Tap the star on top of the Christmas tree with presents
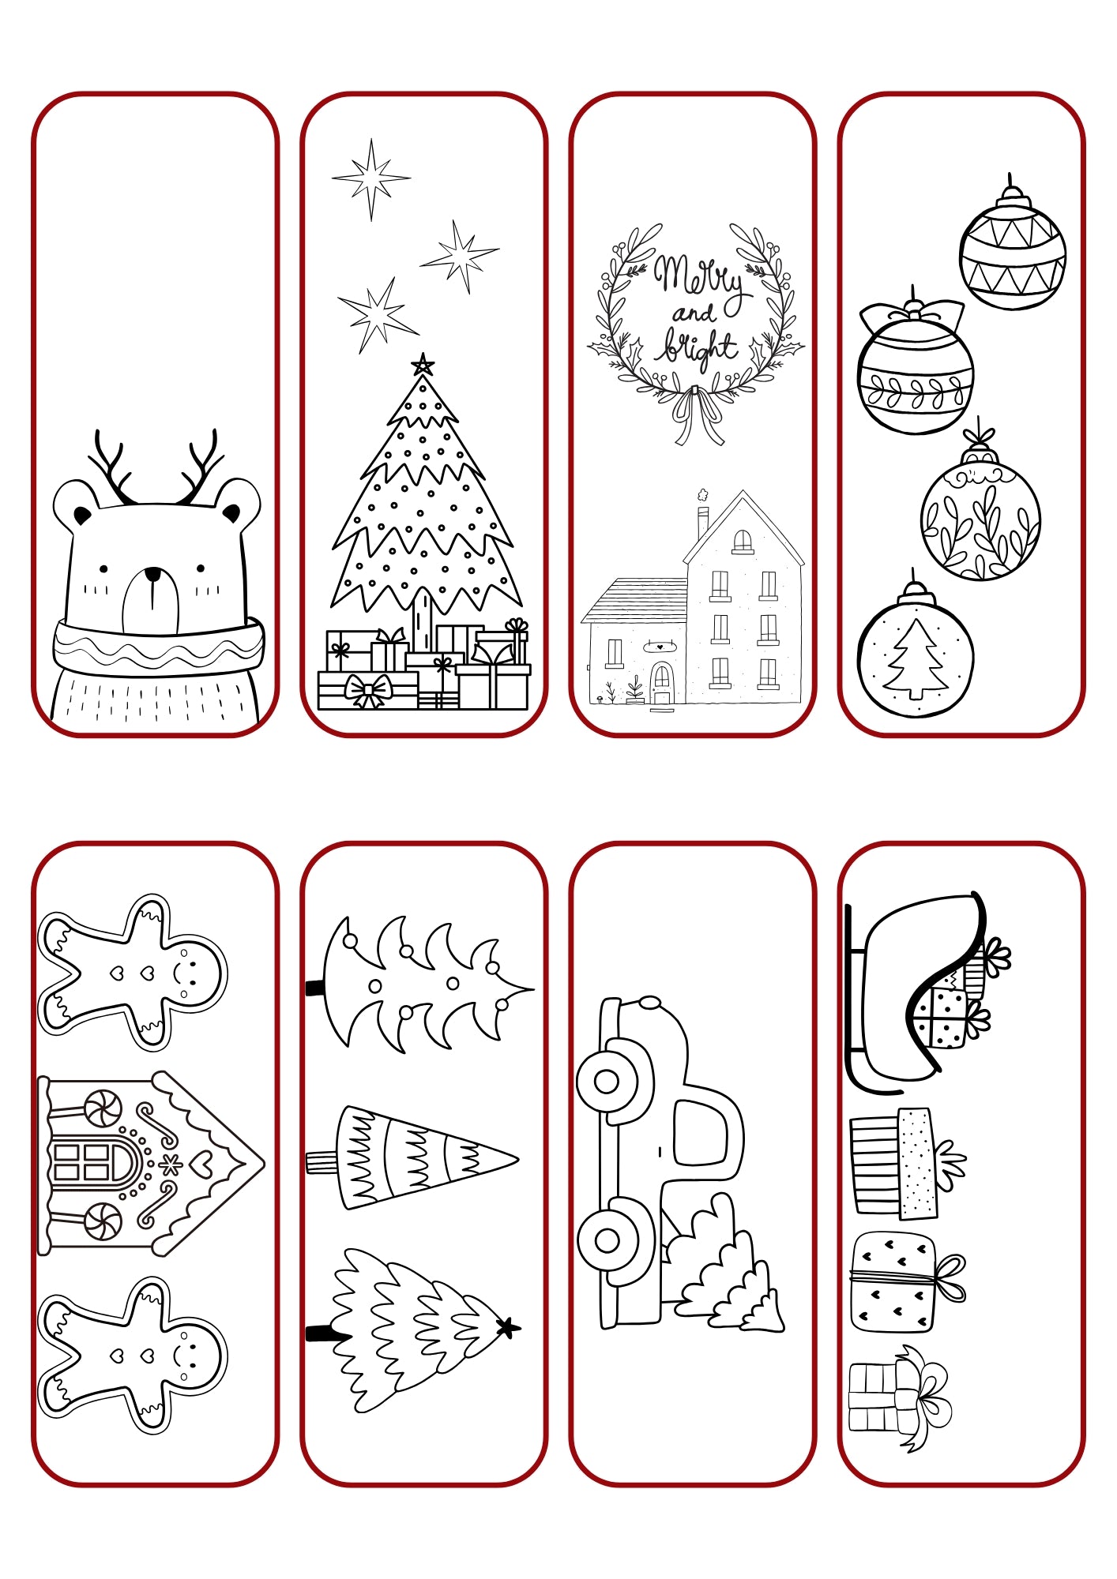pyautogui.click(x=423, y=364)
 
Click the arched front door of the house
pyautogui.click(x=661, y=683)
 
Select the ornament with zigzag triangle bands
pyautogui.click(x=1013, y=248)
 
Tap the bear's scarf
pyautogui.click(x=158, y=646)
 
